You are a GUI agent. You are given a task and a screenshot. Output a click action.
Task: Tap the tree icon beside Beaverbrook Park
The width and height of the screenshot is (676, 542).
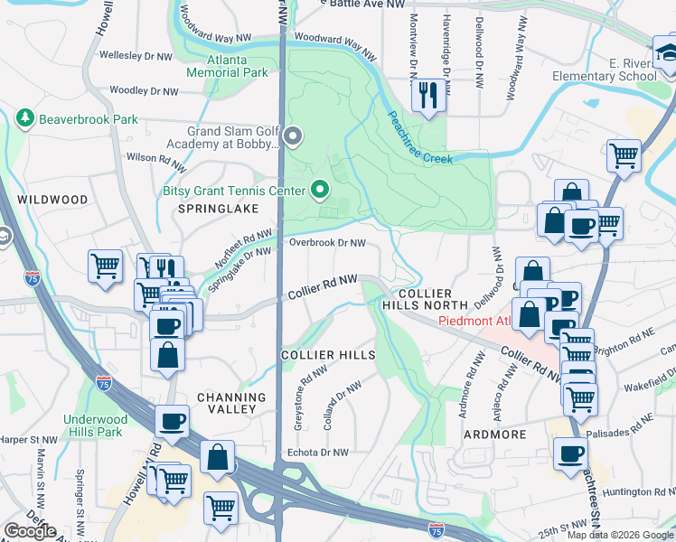point(23,118)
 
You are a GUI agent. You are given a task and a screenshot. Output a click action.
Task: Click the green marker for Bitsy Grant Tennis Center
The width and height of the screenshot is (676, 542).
point(318,190)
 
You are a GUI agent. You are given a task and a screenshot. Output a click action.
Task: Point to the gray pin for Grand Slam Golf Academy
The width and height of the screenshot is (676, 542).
point(291,137)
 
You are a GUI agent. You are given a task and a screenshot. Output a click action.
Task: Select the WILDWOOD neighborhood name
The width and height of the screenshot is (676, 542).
point(52,200)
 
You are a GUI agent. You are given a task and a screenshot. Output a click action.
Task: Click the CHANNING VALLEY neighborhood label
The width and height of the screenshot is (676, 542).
point(231,404)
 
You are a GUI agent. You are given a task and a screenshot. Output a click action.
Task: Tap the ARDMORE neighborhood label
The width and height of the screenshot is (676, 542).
point(495,435)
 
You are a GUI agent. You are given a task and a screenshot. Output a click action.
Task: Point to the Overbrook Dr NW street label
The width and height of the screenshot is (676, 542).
point(327,243)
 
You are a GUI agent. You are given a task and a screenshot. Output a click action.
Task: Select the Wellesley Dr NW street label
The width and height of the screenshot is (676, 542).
point(136,56)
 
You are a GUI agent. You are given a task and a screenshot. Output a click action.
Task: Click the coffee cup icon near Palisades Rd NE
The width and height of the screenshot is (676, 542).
point(569,453)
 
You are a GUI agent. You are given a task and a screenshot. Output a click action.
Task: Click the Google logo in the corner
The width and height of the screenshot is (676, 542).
point(30,531)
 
